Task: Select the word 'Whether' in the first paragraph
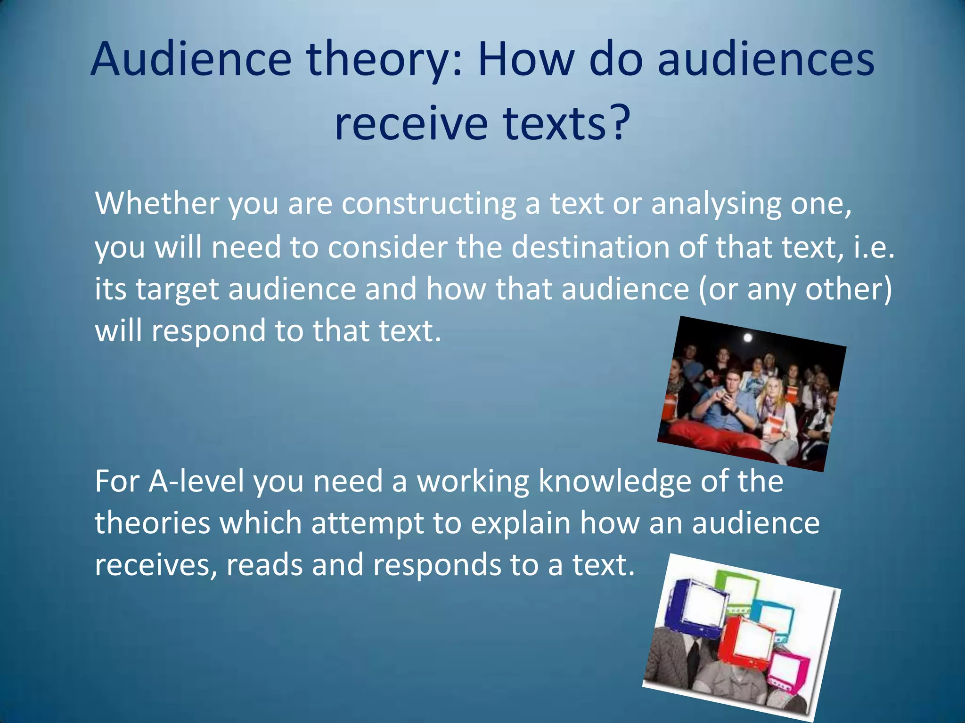coord(157,203)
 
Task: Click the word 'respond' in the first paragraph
coord(208,331)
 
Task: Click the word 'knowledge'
coord(614,482)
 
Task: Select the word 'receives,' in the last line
coord(156,565)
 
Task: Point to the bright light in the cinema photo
coord(748,337)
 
